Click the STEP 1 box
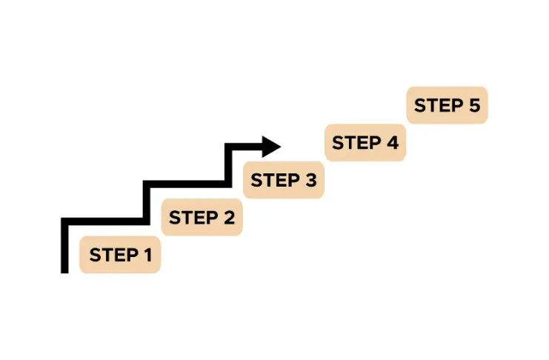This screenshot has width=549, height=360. [x=120, y=256]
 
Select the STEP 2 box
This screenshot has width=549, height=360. [x=202, y=218]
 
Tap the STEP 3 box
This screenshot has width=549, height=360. [x=283, y=180]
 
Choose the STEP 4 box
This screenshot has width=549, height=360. [x=365, y=142]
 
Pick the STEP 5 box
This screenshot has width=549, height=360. [x=447, y=105]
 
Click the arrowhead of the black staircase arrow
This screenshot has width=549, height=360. [x=271, y=145]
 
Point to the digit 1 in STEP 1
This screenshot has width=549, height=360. [x=147, y=256]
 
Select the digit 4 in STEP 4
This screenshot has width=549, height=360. [x=392, y=142]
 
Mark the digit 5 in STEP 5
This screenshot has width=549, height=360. [x=474, y=105]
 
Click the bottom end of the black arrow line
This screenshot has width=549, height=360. [x=64, y=270]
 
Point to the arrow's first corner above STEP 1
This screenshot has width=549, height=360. [x=64, y=221]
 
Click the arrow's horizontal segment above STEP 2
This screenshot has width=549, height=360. [x=185, y=183]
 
